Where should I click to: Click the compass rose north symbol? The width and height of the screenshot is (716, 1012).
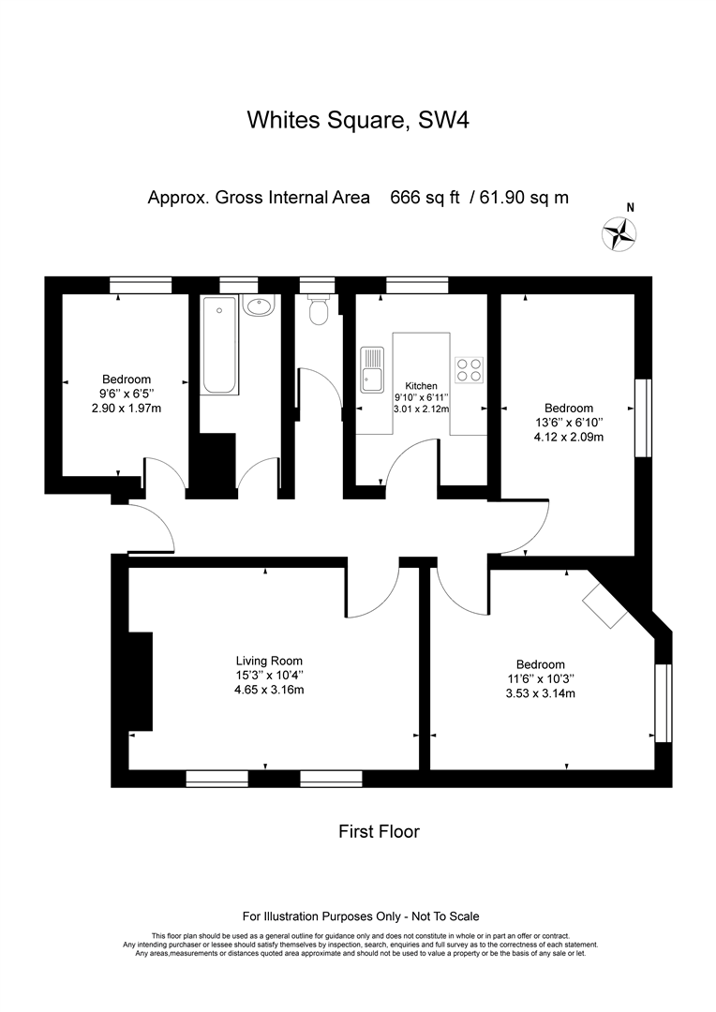pos(619,233)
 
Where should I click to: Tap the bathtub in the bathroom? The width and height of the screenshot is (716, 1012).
pos(219,345)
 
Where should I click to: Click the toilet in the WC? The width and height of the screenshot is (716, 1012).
pos(319,310)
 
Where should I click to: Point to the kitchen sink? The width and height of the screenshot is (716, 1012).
pos(372,370)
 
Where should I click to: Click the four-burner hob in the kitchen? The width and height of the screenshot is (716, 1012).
pos(470,370)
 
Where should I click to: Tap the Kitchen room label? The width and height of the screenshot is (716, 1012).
pos(421,386)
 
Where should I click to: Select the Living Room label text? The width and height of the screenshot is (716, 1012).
pos(269,661)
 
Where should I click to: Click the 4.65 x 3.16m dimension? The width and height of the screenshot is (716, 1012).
pos(269,690)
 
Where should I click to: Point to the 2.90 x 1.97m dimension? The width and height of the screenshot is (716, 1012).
pos(127,408)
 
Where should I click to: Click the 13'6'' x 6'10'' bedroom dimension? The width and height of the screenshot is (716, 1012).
pos(568,423)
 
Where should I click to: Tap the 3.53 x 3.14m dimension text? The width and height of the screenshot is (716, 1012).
pos(541,693)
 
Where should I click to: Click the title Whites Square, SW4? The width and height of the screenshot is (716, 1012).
pos(358,120)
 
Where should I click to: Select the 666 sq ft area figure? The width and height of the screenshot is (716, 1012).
pos(425,198)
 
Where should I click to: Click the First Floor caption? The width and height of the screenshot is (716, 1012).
pos(379,831)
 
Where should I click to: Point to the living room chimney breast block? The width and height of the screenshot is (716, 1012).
pos(141,681)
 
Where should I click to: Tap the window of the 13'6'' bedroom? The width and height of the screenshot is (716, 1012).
pos(644,418)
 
